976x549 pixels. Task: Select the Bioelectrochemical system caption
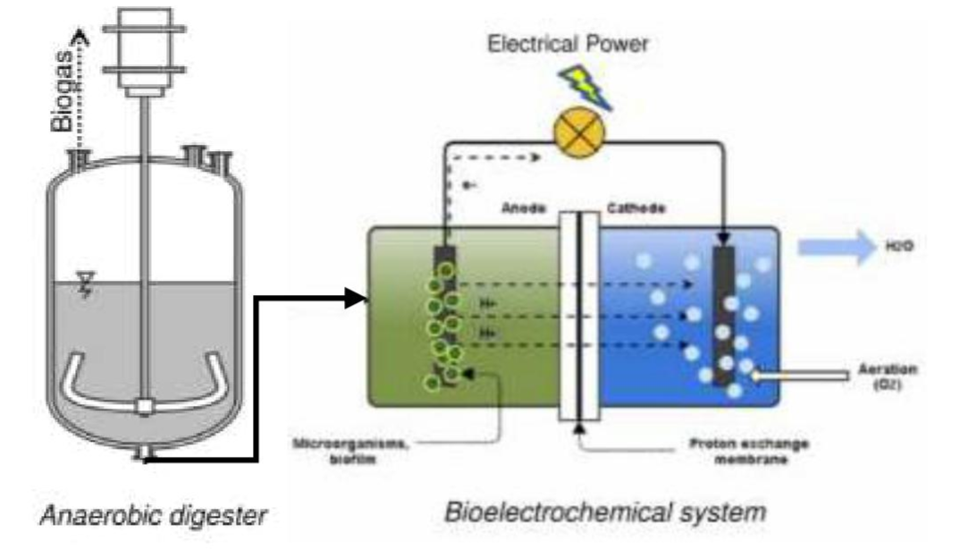point(604,513)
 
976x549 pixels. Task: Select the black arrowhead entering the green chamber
point(357,299)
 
